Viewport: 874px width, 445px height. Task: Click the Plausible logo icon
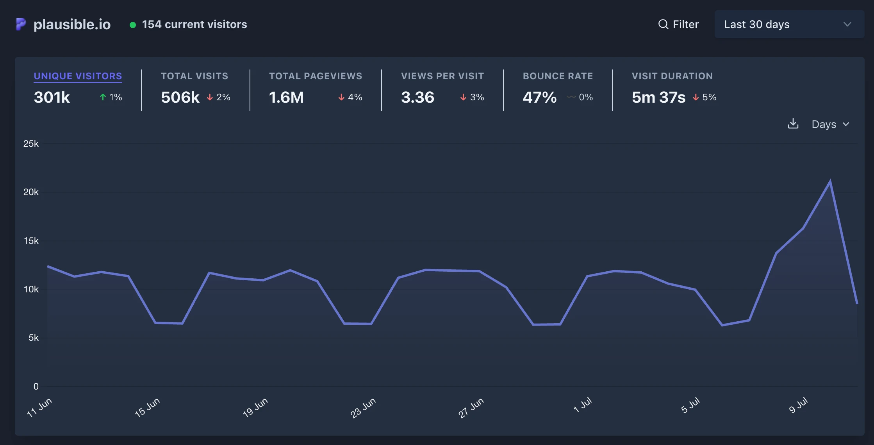coord(21,24)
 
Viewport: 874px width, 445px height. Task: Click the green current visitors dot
coord(133,25)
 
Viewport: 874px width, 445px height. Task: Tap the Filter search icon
coord(663,25)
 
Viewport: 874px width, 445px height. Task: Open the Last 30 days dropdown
coord(789,24)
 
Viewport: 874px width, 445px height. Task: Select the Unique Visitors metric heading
coord(78,76)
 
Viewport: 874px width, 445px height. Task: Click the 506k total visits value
coord(180,97)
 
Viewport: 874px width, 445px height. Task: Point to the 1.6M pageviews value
coord(286,97)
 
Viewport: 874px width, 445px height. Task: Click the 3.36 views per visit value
coord(417,97)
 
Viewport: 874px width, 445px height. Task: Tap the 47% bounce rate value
coord(540,97)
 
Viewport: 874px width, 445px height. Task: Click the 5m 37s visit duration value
coord(658,97)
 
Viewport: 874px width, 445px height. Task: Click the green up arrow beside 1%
coord(103,97)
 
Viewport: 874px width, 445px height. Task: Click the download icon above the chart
coord(793,124)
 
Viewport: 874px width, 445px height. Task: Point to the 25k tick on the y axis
coord(31,144)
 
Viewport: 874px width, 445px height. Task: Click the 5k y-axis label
coord(34,338)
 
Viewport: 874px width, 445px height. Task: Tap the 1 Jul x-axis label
coord(582,405)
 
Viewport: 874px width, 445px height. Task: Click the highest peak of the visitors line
coord(830,181)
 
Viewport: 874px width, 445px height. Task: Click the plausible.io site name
coord(72,24)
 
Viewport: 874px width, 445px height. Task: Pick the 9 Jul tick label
coord(798,405)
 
